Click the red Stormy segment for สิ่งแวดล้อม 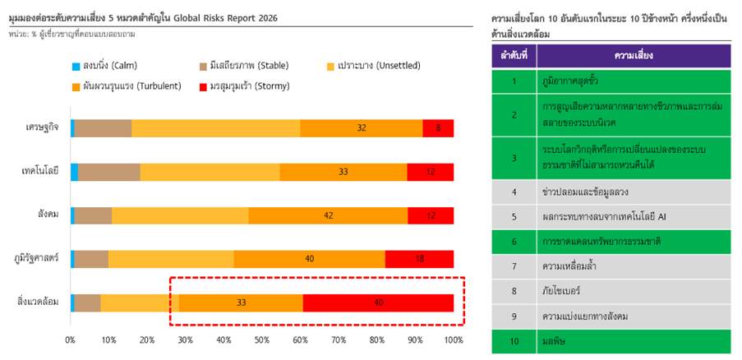[378, 302]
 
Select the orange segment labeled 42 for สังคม [328, 215]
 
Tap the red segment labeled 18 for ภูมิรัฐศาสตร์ [419, 259]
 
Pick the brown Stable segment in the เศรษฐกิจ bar [103, 128]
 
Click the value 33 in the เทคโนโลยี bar [343, 172]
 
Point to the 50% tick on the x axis [262, 339]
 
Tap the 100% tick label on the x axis [453, 339]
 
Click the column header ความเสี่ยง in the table [633, 56]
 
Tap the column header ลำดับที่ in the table [514, 56]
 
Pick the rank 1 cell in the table [514, 81]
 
